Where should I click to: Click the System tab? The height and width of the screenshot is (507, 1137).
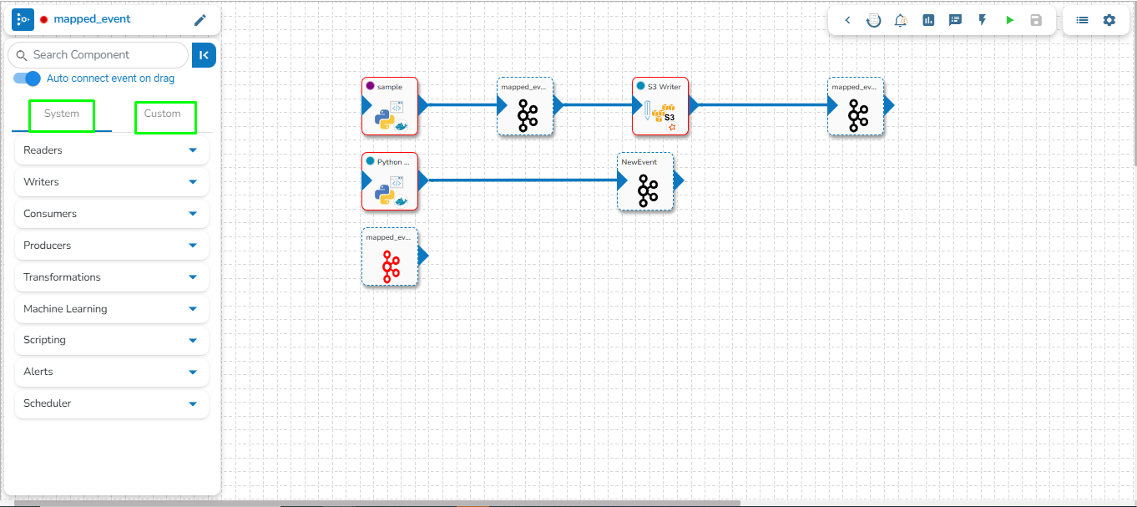tap(62, 114)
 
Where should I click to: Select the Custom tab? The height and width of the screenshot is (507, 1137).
tap(163, 114)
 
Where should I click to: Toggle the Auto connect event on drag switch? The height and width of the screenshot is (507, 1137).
tap(28, 79)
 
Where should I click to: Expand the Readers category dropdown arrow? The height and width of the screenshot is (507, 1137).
tap(193, 150)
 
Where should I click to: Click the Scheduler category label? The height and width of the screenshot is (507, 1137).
tap(48, 403)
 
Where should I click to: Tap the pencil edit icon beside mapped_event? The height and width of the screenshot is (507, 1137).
tap(200, 20)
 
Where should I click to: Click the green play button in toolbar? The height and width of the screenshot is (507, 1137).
tap(1009, 20)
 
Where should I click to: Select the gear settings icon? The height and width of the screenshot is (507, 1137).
tap(1109, 20)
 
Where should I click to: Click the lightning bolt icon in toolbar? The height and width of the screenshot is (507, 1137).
tap(983, 20)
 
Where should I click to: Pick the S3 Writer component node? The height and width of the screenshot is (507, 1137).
tap(659, 107)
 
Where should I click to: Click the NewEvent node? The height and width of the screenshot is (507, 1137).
tap(644, 182)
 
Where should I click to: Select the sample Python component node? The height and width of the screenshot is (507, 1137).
tap(390, 107)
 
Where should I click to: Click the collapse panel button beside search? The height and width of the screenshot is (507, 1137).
tap(204, 55)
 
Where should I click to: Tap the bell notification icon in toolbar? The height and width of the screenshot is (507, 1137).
tap(901, 20)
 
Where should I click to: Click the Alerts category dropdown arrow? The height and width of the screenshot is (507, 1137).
tap(193, 372)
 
